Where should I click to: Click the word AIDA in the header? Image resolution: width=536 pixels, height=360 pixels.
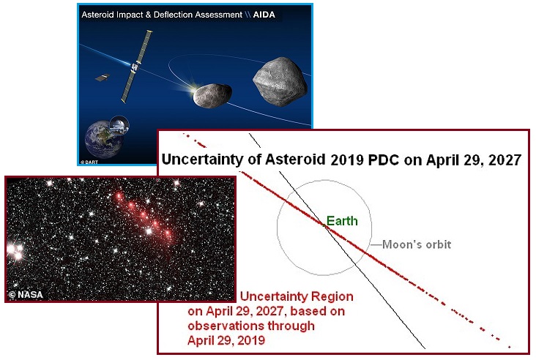pyautogui.click(x=264, y=15)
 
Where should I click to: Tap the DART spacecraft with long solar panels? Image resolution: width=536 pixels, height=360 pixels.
pyautogui.click(x=136, y=67)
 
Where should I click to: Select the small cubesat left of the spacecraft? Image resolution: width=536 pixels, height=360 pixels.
pyautogui.click(x=103, y=78)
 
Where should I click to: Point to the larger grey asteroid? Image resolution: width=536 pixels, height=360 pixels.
pyautogui.click(x=280, y=81)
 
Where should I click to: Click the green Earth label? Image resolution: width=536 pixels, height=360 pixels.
pyautogui.click(x=342, y=221)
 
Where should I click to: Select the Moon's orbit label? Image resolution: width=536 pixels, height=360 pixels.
pyautogui.click(x=417, y=244)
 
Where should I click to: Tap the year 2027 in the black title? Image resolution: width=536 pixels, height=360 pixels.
pyautogui.click(x=505, y=160)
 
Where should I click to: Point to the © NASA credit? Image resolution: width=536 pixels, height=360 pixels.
pyautogui.click(x=26, y=294)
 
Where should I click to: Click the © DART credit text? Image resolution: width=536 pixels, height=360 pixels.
pyautogui.click(x=89, y=162)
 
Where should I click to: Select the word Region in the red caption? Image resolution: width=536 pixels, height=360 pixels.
pyautogui.click(x=331, y=297)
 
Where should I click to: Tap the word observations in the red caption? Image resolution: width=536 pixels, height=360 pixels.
pyautogui.click(x=226, y=326)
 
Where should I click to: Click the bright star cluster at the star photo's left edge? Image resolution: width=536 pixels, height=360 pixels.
pyautogui.click(x=15, y=251)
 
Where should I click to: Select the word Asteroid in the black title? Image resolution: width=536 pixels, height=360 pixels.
pyautogui.click(x=295, y=160)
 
